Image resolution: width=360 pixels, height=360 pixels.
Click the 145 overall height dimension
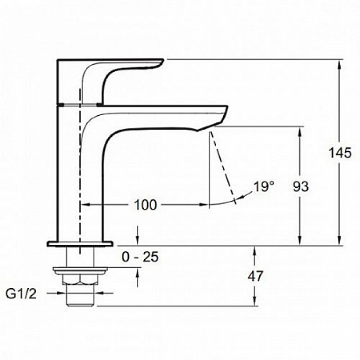point(340,153)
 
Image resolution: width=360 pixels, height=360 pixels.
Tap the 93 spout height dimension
point(301,186)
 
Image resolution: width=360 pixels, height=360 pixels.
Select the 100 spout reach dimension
point(145,205)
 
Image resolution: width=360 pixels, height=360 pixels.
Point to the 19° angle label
point(264,186)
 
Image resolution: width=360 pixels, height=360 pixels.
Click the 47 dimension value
point(255,276)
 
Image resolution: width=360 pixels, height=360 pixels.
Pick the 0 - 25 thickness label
point(140,256)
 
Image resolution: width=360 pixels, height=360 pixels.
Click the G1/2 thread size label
point(21,294)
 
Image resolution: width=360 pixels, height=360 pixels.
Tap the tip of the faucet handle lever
point(163,60)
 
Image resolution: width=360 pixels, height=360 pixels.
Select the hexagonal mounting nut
point(80,279)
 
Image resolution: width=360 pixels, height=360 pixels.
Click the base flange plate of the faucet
point(80,243)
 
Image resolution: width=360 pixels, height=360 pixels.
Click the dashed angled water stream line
point(223,167)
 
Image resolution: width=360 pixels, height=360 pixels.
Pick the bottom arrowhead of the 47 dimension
point(254,301)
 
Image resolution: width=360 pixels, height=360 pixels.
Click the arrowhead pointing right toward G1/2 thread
point(60,293)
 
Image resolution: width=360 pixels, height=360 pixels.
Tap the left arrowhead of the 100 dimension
point(86,204)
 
